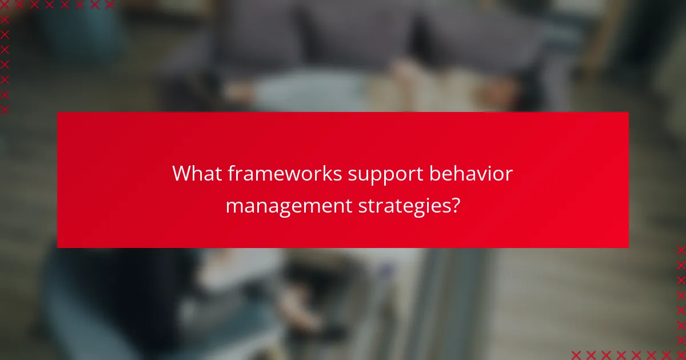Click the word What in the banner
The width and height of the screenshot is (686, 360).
pos(197,173)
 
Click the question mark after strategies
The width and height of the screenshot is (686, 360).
pos(454,205)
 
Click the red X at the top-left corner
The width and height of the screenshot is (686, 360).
pos(5,5)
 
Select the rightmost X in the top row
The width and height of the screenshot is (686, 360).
pos(109,5)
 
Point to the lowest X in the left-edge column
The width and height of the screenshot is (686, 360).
pos(5,110)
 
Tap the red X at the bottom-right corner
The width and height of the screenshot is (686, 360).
pos(680,355)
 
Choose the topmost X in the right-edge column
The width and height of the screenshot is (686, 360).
pos(680,250)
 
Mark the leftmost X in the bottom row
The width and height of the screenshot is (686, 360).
pos(576,355)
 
